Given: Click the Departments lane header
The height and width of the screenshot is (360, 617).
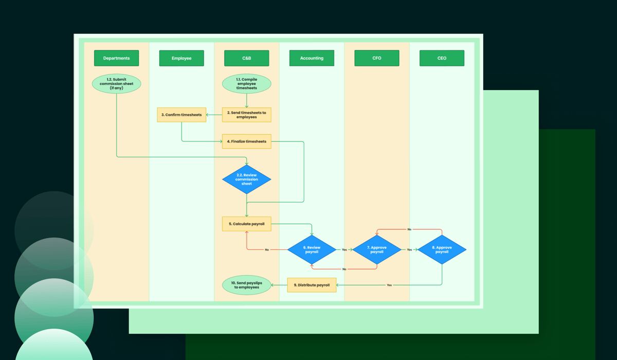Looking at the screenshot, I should pyautogui.click(x=116, y=58).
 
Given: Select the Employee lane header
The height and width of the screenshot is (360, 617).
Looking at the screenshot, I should pyautogui.click(x=182, y=58).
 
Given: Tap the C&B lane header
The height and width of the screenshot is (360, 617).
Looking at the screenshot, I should pyautogui.click(x=246, y=58).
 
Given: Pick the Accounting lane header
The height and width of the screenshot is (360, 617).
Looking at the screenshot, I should pyautogui.click(x=312, y=58).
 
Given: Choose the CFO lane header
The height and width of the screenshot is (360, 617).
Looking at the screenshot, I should pyautogui.click(x=377, y=58).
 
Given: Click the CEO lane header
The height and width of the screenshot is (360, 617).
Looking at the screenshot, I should pyautogui.click(x=442, y=58).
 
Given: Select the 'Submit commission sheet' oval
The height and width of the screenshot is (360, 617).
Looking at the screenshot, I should pyautogui.click(x=116, y=83).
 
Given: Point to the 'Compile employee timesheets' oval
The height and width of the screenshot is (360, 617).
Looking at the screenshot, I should pyautogui.click(x=246, y=84).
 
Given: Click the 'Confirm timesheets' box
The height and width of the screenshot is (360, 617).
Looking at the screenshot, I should pyautogui.click(x=182, y=115).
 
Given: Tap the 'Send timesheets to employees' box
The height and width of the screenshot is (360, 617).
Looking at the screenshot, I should pyautogui.click(x=246, y=115).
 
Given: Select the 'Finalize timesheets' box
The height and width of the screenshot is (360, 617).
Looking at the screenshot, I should pyautogui.click(x=246, y=141).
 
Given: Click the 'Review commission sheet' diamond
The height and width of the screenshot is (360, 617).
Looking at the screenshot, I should pyautogui.click(x=246, y=179).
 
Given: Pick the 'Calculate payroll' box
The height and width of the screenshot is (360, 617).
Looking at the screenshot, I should pyautogui.click(x=246, y=224).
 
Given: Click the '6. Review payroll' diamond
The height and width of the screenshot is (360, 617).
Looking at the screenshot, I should pyautogui.click(x=312, y=249).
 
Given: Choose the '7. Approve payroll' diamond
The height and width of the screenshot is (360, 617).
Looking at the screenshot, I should pyautogui.click(x=377, y=249).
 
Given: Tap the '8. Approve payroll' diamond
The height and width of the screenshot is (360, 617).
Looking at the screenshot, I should pyautogui.click(x=442, y=249).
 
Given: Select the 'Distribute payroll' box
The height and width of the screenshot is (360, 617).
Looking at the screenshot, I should pyautogui.click(x=312, y=285).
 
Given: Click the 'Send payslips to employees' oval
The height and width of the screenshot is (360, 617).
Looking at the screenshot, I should pyautogui.click(x=246, y=285).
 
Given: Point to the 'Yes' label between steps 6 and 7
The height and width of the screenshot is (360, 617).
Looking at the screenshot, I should pyautogui.click(x=344, y=249).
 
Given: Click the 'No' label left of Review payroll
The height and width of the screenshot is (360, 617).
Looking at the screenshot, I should pyautogui.click(x=267, y=249).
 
